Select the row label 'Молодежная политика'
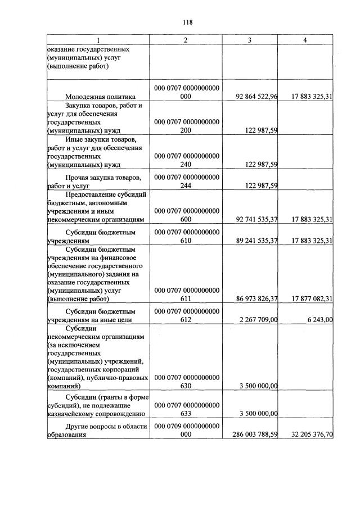point(101,97)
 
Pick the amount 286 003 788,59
point(255,434)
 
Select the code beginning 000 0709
point(186,430)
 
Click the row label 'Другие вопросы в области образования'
point(97,430)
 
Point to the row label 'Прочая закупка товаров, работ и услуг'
point(97,180)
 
